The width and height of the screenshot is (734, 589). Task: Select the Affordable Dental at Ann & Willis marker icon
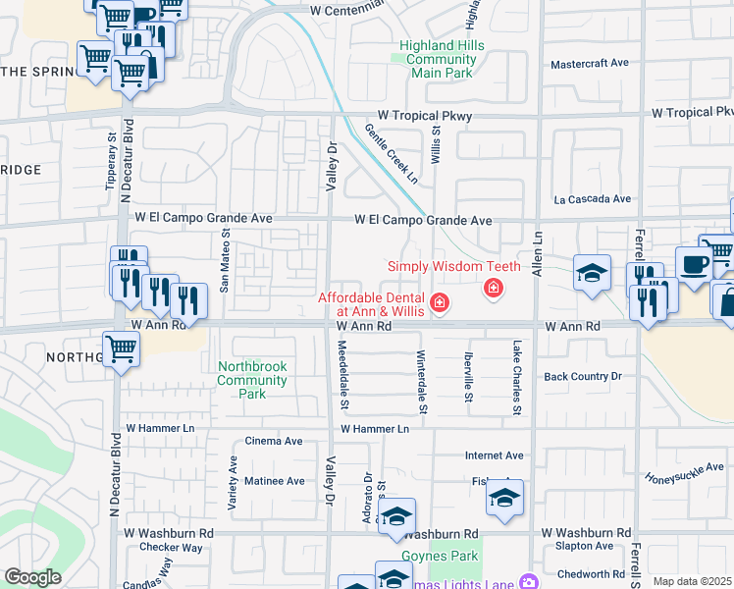point(441,301)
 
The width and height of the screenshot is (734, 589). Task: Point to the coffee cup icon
point(694,264)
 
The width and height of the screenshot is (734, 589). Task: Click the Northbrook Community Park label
point(252,380)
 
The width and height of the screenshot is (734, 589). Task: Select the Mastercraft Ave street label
point(589,63)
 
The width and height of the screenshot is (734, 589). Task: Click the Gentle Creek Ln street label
point(392,153)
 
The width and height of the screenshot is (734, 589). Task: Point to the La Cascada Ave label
point(592,198)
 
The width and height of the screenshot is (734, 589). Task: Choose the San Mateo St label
point(224,261)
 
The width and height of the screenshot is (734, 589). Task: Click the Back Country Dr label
point(583,376)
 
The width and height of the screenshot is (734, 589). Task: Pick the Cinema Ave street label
point(274,441)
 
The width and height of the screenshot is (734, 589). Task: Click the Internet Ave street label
point(494,455)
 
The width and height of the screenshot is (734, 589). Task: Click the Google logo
point(32,577)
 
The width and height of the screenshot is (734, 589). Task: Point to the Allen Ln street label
point(538,253)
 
